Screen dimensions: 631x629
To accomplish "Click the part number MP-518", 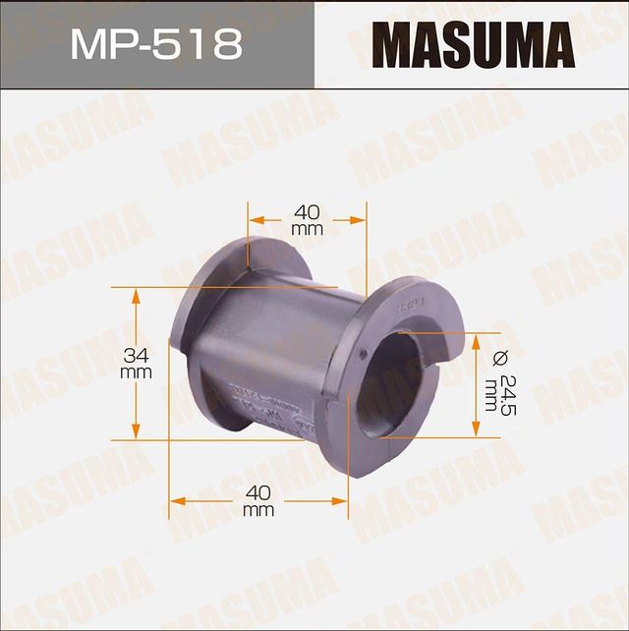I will (156, 44).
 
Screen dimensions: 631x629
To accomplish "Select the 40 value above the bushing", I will (308, 210).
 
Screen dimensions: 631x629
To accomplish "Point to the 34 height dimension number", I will (136, 354).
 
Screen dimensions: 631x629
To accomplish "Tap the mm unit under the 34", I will (136, 373).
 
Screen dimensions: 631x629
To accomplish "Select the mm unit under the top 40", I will (308, 229).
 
